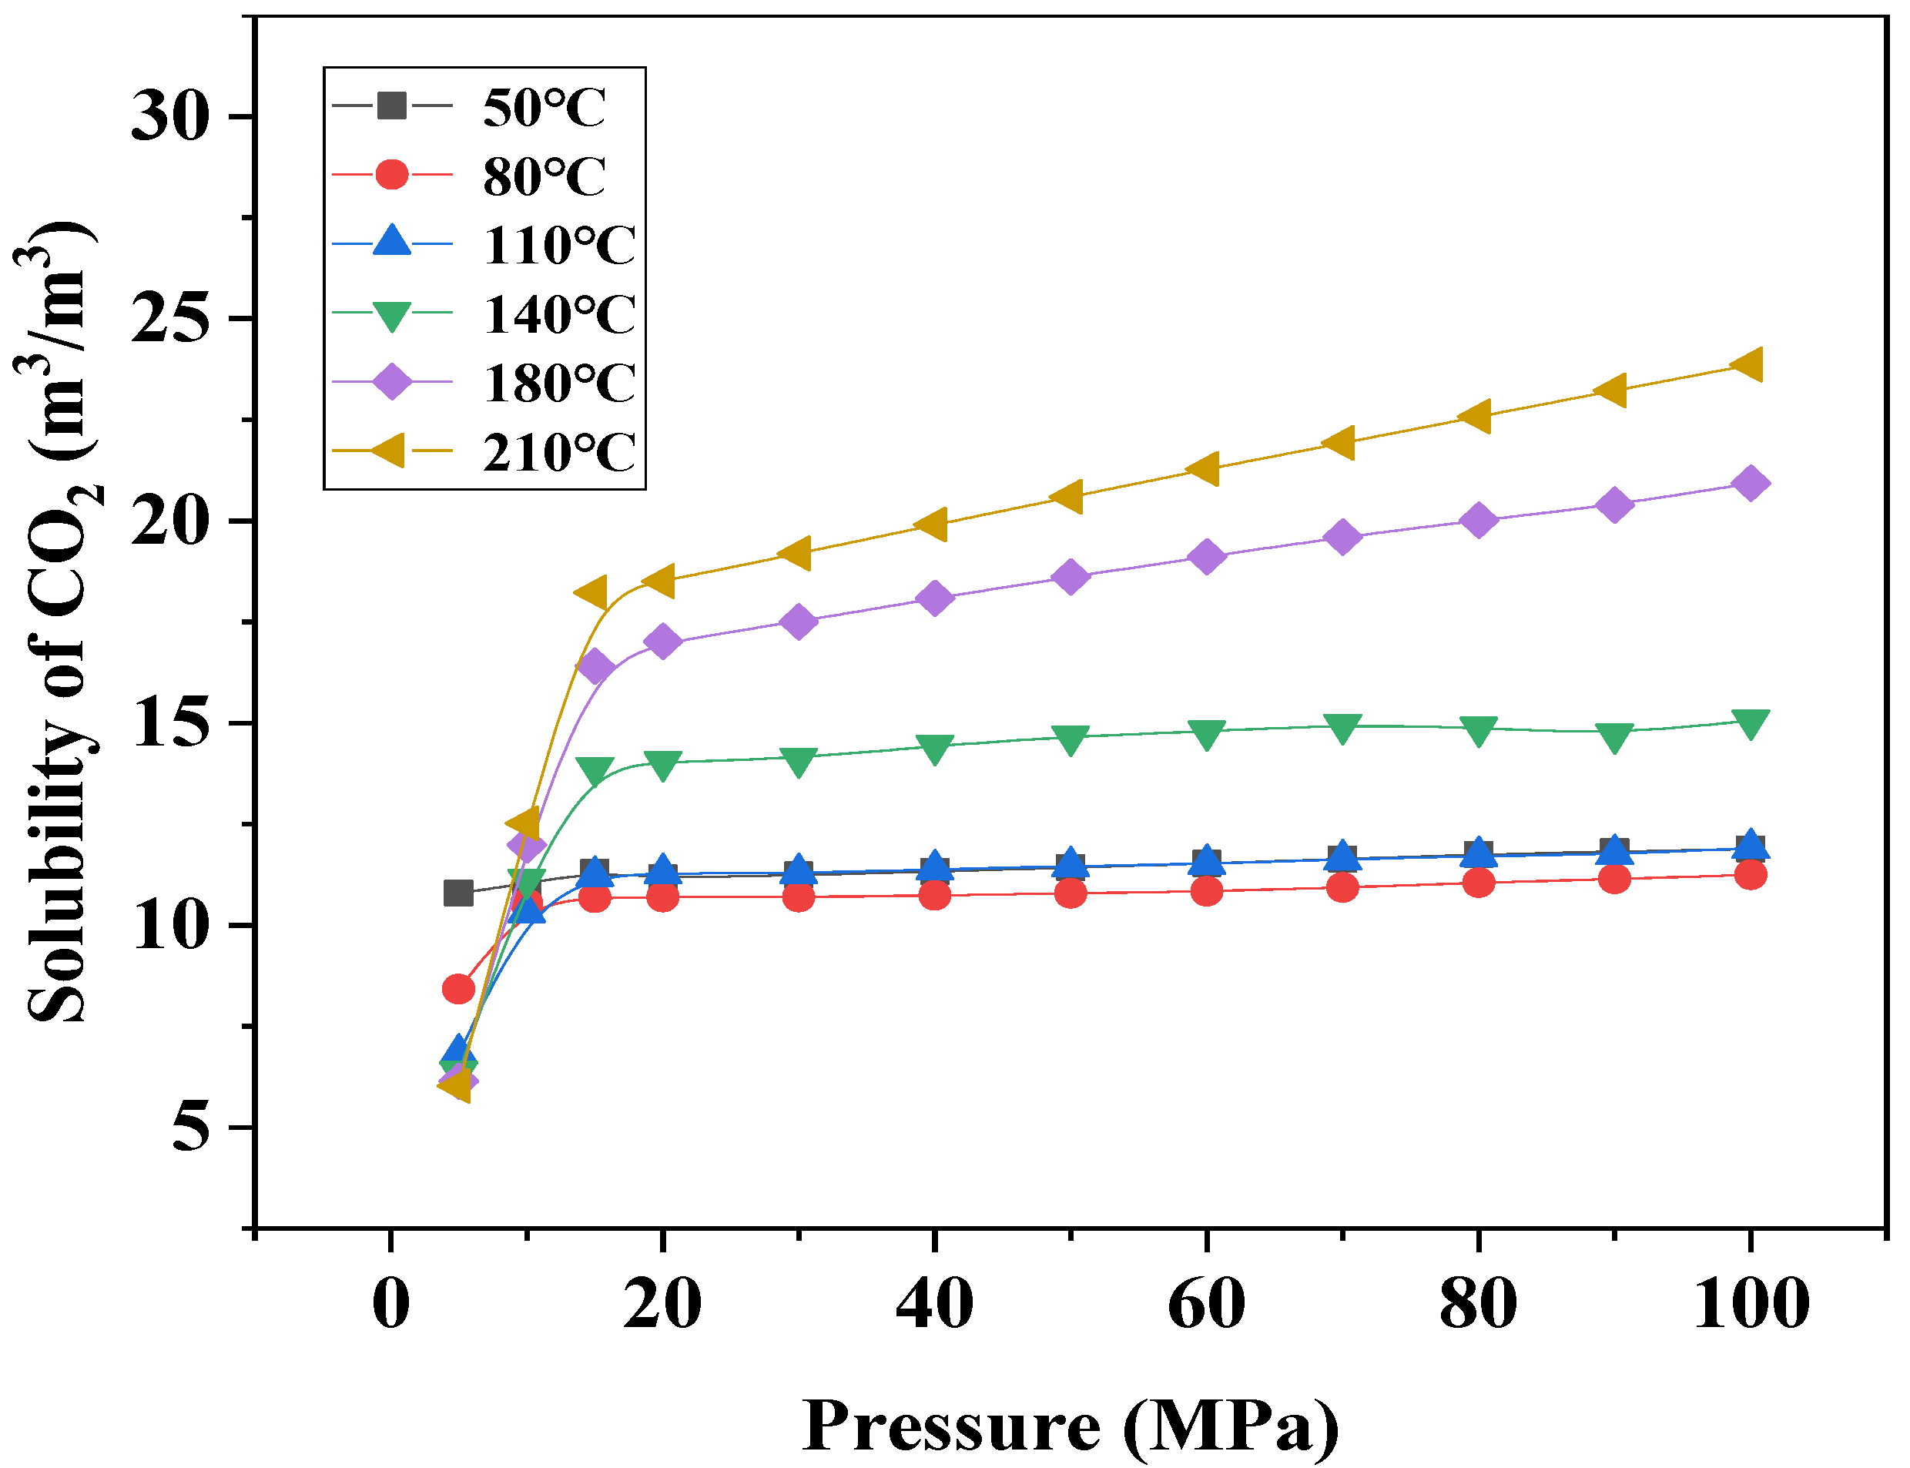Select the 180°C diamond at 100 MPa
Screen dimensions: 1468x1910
click(1750, 483)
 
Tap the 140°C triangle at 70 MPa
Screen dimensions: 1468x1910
click(1343, 727)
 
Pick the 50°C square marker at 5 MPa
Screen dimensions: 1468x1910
click(457, 893)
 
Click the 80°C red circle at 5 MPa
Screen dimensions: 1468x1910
click(457, 989)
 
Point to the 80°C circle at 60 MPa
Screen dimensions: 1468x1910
click(1207, 891)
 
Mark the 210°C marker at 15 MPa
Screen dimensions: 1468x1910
click(592, 592)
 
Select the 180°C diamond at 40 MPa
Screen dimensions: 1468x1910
click(934, 598)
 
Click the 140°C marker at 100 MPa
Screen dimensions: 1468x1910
click(1750, 722)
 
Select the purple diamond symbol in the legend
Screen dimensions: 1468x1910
click(391, 382)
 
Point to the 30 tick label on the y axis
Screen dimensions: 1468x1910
click(171, 116)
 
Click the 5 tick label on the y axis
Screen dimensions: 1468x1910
click(191, 1128)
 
